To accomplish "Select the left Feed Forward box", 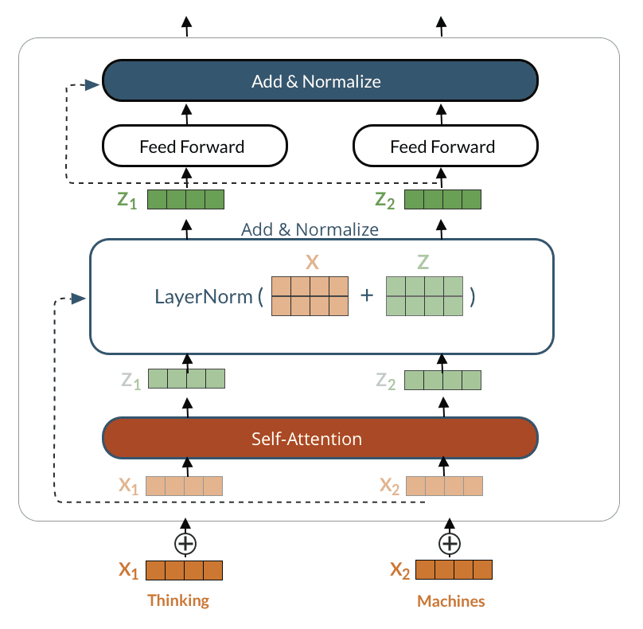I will click(195, 147).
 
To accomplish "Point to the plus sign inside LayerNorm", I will click(367, 295).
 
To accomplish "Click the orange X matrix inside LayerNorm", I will click(310, 296).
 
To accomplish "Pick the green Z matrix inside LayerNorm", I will click(425, 296).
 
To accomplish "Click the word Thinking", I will click(178, 600).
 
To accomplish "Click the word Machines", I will click(451, 601).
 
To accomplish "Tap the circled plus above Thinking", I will click(185, 544).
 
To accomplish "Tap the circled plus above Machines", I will click(450, 544).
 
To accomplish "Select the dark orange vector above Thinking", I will click(185, 570).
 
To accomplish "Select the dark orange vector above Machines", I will click(454, 570).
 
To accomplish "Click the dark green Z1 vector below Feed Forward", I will click(186, 200).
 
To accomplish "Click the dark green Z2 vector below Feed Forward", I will click(443, 200).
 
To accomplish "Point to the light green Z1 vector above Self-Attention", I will click(186, 379).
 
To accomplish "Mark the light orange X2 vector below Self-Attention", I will click(445, 486).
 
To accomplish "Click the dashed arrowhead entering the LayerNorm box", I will click(79, 299).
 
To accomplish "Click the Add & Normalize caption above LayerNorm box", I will click(310, 230).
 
